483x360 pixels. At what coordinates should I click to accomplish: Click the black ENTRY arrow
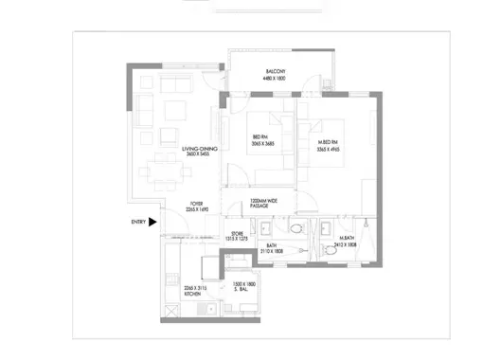[x=152, y=223]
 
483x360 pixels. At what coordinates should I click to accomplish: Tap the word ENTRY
[x=138, y=223]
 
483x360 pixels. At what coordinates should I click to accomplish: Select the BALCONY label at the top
[x=276, y=72]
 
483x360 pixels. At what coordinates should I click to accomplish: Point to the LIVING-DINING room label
[x=202, y=149]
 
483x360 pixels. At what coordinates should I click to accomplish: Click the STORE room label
[x=238, y=233]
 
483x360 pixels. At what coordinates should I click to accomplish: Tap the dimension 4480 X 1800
[x=276, y=79]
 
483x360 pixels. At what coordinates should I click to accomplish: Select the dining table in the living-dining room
[x=170, y=173]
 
